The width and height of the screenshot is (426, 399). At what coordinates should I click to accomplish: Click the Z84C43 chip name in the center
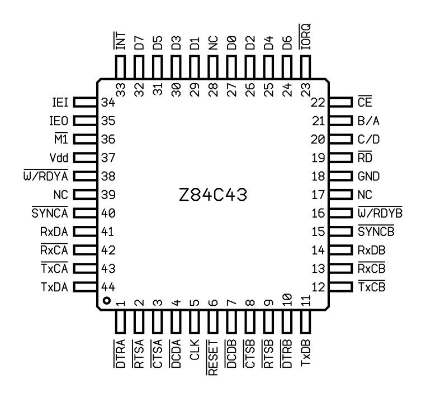point(212,195)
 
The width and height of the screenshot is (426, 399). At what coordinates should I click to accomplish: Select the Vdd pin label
point(59,158)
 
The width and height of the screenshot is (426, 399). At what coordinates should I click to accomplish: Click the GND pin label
point(369,176)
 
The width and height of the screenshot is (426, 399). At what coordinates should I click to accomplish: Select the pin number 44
point(108,287)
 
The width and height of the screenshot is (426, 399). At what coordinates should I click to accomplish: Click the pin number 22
point(318,103)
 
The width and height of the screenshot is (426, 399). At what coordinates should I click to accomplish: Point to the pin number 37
point(108,158)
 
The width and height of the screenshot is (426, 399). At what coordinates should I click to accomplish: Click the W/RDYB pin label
point(380,213)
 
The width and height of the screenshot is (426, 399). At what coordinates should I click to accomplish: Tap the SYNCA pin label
point(50,213)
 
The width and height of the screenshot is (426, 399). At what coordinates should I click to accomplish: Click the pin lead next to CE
point(340,103)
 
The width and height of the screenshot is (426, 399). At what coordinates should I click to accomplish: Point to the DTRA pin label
point(120,355)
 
